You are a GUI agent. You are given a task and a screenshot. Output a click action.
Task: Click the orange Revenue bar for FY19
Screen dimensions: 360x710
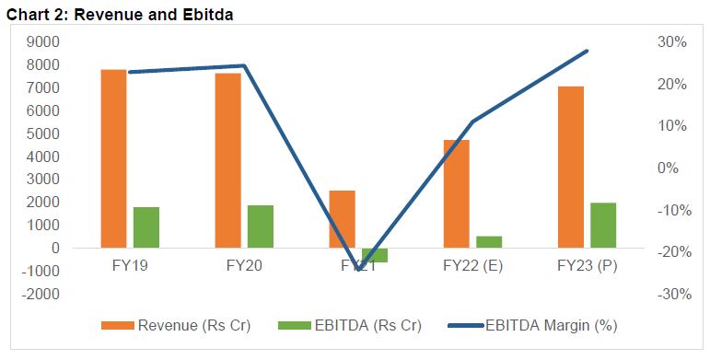pos(113,158)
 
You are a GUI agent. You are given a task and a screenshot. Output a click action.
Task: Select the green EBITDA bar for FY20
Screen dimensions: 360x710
pos(261,226)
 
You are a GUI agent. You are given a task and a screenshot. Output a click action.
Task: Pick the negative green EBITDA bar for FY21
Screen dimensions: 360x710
pos(375,255)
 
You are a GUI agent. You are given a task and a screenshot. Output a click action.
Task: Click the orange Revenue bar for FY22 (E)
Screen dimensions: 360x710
pos(456,193)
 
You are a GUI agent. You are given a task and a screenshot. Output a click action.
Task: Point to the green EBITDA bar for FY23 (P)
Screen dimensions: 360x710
pos(603,226)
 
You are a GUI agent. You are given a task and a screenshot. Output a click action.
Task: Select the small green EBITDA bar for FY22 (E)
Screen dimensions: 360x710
pos(489,242)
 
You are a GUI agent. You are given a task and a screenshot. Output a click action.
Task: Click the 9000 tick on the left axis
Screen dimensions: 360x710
pos(44,42)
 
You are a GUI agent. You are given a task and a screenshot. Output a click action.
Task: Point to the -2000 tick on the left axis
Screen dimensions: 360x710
pos(41,294)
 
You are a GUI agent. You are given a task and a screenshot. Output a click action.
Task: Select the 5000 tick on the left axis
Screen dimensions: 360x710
pos(44,134)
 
